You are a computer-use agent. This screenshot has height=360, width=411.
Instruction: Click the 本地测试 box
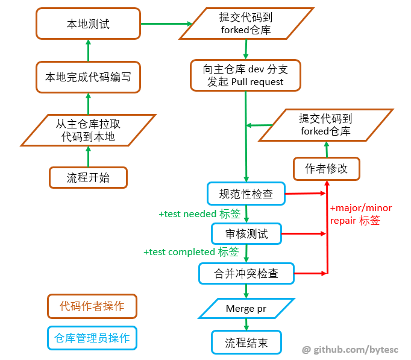(88, 24)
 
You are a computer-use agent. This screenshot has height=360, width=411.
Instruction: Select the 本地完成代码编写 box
(88, 77)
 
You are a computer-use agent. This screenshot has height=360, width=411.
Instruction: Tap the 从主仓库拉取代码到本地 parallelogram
(88, 130)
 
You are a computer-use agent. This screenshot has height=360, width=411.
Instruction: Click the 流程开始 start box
(88, 177)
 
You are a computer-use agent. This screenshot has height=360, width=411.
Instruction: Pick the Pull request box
(245, 76)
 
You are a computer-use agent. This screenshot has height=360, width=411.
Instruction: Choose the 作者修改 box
(326, 168)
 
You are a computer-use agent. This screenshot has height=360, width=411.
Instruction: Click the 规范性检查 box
(245, 194)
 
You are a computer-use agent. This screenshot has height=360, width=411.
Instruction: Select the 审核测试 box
(246, 233)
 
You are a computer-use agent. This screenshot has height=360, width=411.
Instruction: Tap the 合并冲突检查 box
(246, 273)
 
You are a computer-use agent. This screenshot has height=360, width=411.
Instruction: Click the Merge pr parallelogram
(246, 309)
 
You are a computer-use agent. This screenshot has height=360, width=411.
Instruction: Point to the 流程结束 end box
(246, 343)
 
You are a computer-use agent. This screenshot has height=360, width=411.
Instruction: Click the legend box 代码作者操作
(92, 306)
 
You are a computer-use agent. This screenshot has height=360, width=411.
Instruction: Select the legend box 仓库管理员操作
(92, 338)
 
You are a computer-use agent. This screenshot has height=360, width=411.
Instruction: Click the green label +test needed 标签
(199, 214)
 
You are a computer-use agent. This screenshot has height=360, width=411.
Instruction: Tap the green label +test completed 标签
(191, 251)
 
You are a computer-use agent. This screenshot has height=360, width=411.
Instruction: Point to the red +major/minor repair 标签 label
(361, 214)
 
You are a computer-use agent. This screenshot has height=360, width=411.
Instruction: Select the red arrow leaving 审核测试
(304, 233)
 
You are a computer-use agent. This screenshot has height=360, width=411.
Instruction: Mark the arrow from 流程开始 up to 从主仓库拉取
(88, 156)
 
